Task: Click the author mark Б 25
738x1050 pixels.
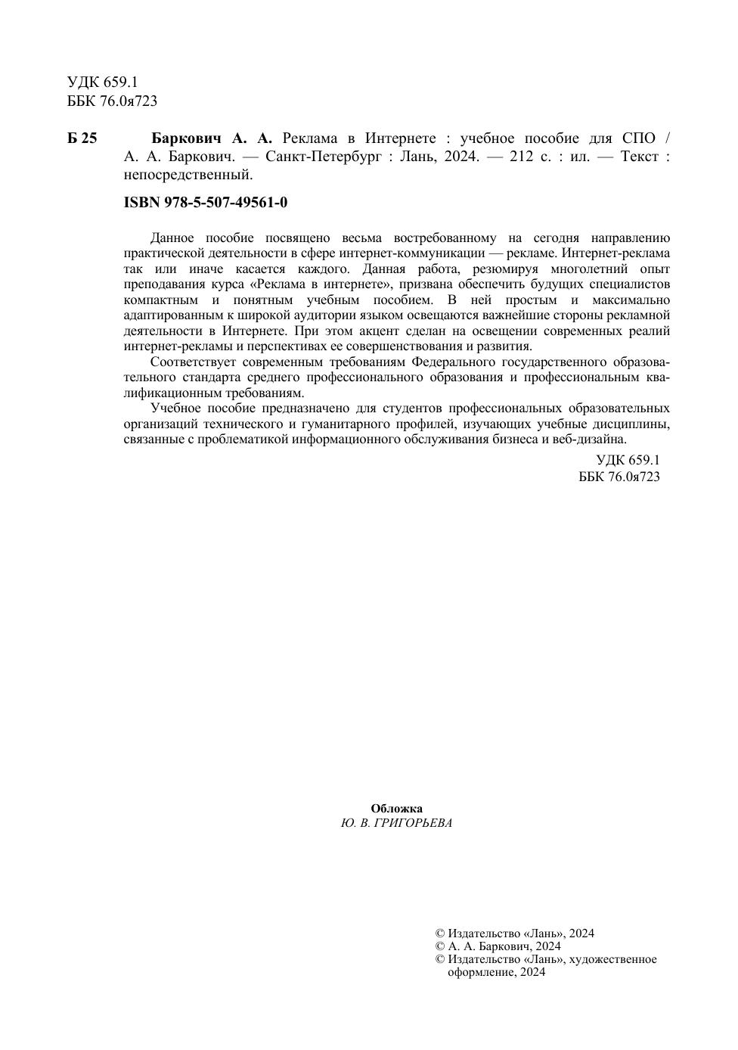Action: click(x=82, y=138)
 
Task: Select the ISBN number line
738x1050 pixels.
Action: click(x=205, y=203)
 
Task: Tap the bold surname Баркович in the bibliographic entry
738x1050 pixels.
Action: click(x=186, y=138)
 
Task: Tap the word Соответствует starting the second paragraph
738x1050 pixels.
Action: click(x=194, y=362)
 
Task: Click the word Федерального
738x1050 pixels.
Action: click(x=452, y=362)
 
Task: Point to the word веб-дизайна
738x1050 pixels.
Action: click(x=594, y=440)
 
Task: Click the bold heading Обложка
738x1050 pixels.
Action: click(x=396, y=809)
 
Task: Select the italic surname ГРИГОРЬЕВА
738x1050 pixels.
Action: click(x=414, y=824)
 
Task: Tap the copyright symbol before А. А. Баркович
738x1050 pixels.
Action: click(x=440, y=946)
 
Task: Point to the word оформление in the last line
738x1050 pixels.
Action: click(x=481, y=973)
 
